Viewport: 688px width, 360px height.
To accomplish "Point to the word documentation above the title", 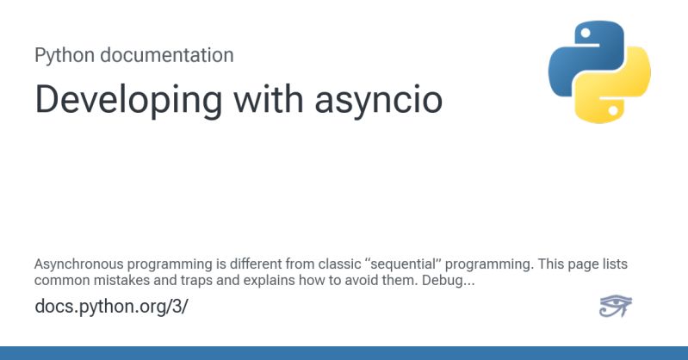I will [167, 55].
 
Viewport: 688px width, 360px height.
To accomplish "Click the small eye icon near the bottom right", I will [615, 306].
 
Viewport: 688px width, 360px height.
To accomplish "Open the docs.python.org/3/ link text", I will [111, 306].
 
